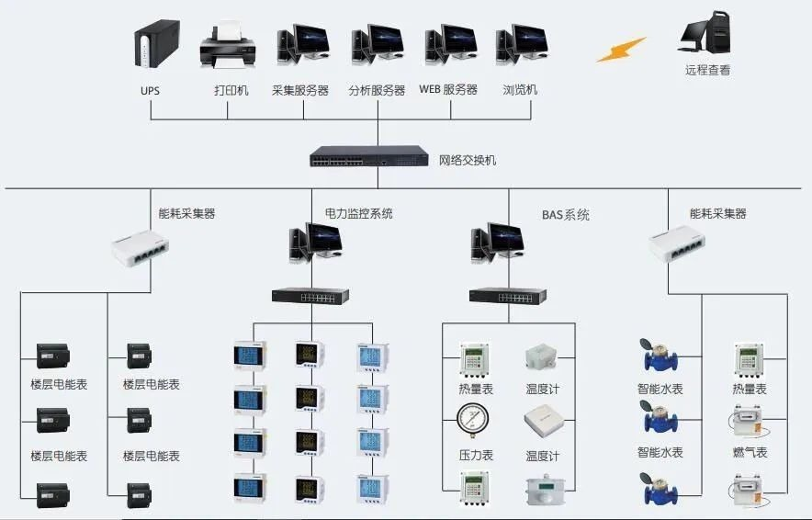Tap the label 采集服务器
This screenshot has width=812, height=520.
click(x=301, y=90)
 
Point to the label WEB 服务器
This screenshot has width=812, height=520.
click(x=448, y=90)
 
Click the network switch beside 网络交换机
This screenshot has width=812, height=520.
click(x=368, y=157)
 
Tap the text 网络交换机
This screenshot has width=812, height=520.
click(x=468, y=161)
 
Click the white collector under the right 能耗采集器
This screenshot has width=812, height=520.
click(x=678, y=243)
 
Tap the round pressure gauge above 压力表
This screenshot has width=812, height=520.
click(x=475, y=422)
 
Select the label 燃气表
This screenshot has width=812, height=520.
click(x=750, y=453)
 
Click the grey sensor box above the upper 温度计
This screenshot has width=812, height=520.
click(x=540, y=357)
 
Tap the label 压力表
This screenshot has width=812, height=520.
click(x=476, y=456)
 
